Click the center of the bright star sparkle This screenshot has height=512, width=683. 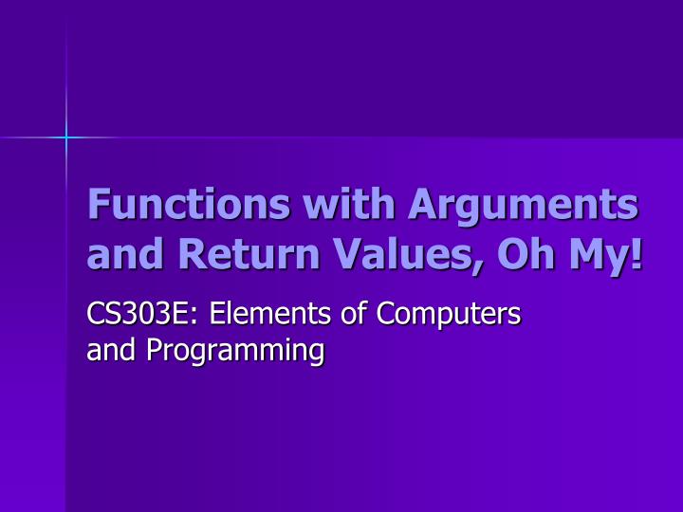[x=66, y=138]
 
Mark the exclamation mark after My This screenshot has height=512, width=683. [x=636, y=253]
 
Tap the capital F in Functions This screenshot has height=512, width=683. [x=98, y=204]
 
